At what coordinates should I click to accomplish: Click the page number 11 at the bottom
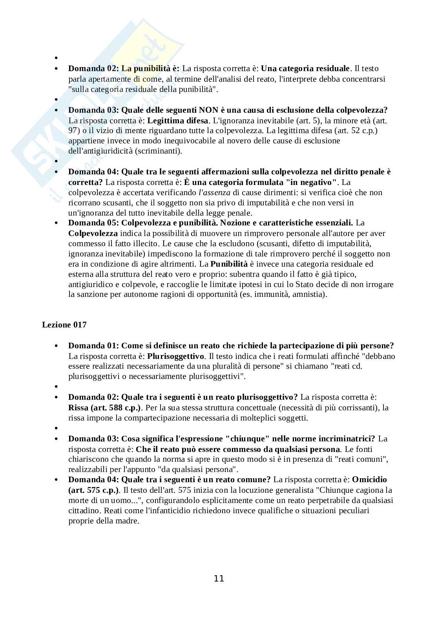(219, 578)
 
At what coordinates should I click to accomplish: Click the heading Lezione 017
(64, 325)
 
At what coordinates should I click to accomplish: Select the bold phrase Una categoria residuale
(305, 69)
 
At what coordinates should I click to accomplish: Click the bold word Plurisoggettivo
(176, 356)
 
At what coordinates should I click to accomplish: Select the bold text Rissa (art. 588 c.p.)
(104, 408)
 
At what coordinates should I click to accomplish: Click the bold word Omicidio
(369, 479)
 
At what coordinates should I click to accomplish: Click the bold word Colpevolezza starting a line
(93, 233)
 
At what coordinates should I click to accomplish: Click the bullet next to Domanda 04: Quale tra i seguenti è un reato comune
(57, 480)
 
